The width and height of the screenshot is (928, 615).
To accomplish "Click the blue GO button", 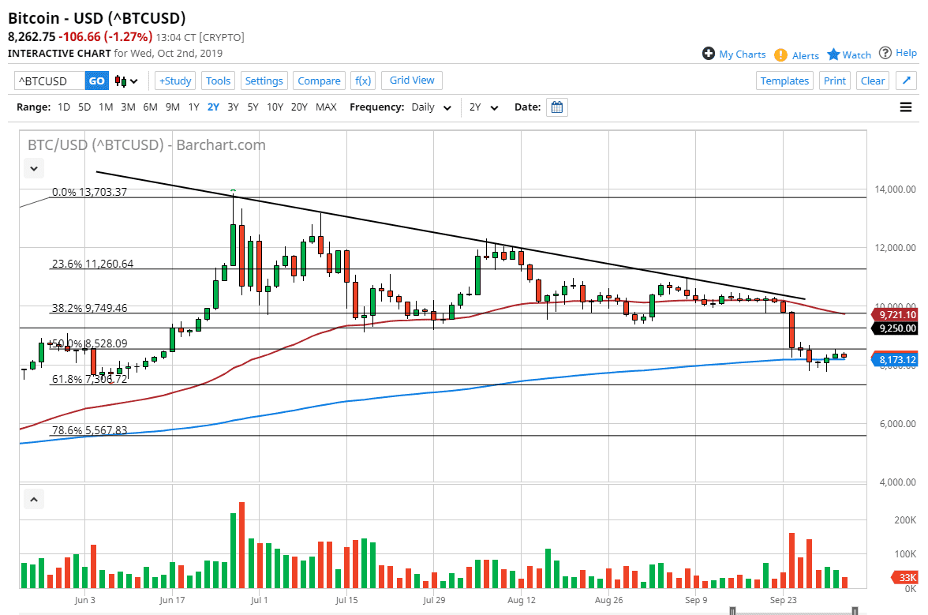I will point(96,81).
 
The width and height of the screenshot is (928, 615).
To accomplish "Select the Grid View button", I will point(412,80).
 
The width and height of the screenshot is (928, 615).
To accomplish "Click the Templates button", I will point(784,81).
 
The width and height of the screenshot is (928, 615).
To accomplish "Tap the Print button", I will point(834,81).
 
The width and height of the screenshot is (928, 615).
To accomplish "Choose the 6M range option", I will point(150,107).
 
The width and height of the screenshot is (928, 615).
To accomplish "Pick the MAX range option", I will point(326,107).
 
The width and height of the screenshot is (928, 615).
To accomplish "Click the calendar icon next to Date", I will point(557,107).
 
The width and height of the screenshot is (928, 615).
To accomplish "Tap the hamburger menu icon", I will point(906,107).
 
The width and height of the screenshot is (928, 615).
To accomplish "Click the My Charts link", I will point(734,54).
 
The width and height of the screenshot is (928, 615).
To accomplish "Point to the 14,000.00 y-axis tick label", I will point(894,189).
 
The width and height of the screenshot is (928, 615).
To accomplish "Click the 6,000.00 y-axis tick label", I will point(894,424).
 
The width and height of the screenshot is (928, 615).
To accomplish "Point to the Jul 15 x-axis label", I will point(347,600).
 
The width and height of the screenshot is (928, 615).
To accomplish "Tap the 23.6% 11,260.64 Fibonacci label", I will point(92,264).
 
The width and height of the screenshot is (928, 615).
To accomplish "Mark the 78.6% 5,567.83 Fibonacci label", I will point(89,430).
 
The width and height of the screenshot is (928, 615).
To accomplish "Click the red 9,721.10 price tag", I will point(896,314).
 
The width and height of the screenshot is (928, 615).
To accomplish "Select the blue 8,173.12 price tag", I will point(896,360).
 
